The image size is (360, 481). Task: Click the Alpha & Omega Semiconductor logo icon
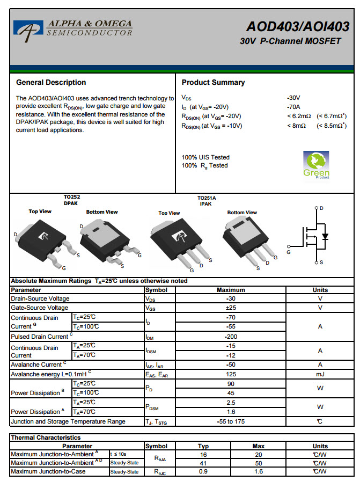pyautogui.click(x=28, y=30)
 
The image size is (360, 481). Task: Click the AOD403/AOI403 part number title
pyautogui.click(x=298, y=27)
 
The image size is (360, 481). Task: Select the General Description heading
pyautogui.click(x=51, y=82)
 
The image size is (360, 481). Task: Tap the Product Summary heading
pyautogui.click(x=213, y=82)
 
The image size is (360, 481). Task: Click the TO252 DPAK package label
pyautogui.click(x=71, y=200)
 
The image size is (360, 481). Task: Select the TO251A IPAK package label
pyautogui.click(x=206, y=201)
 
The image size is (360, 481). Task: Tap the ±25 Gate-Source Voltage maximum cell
pyautogui.click(x=231, y=308)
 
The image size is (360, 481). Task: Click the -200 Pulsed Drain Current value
pyautogui.click(x=231, y=337)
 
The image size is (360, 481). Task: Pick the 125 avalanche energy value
pyautogui.click(x=231, y=374)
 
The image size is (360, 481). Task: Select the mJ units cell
pyautogui.click(x=320, y=374)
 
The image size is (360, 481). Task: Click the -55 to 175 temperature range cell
pyautogui.click(x=231, y=421)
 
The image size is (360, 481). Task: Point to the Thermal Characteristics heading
pyautogui.click(x=46, y=438)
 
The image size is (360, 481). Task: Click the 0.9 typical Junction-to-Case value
pyautogui.click(x=203, y=471)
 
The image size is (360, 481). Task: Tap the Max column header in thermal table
pyautogui.click(x=259, y=446)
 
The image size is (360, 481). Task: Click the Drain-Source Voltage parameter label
pyautogui.click(x=40, y=298)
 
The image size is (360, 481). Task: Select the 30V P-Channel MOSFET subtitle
pyautogui.click(x=290, y=41)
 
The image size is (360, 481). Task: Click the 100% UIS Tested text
pyautogui.click(x=205, y=157)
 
